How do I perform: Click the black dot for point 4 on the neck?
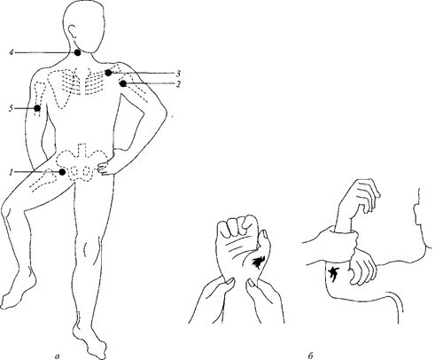tap(77, 53)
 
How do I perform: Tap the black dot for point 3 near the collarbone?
tap(109, 73)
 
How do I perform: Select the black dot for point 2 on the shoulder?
tap(123, 84)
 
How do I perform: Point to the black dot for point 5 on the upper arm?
tap(37, 108)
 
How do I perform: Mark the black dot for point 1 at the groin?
tap(62, 172)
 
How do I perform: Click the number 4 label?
tap(11, 52)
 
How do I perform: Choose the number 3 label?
tap(178, 74)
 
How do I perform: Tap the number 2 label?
tap(178, 84)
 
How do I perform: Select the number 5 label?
tap(11, 108)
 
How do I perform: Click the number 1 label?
tap(12, 172)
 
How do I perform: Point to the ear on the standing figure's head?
tap(73, 31)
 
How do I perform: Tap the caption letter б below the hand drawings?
tap(310, 356)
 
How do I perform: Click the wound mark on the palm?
tap(257, 262)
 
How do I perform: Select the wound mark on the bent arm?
tap(333, 272)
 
